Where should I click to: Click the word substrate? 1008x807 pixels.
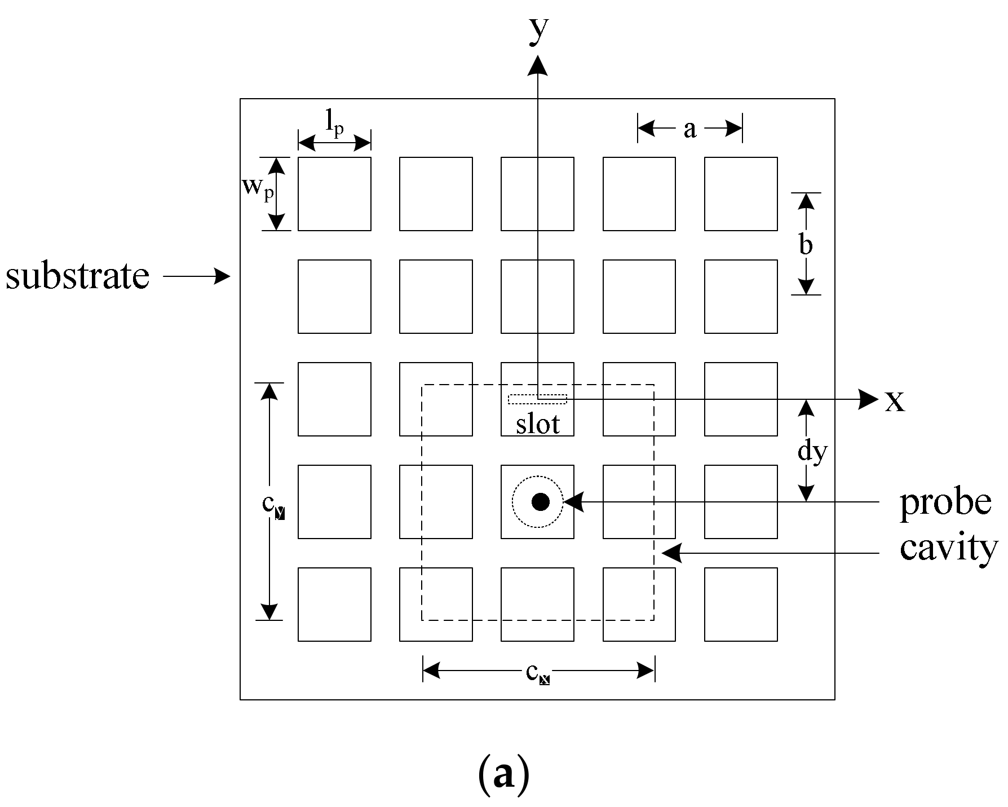click(78, 276)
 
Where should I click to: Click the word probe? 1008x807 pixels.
click(945, 502)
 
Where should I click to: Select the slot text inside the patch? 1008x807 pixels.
click(538, 424)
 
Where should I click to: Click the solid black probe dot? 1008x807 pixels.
click(540, 501)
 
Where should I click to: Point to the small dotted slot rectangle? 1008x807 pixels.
click(537, 399)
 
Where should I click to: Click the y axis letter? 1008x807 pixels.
click(538, 31)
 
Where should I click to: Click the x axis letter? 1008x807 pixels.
click(895, 402)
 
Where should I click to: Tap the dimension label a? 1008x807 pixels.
click(689, 129)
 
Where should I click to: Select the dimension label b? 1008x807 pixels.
click(806, 245)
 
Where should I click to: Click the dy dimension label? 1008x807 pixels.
click(812, 451)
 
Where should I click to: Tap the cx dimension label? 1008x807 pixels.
click(537, 673)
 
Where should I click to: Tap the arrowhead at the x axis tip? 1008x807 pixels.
click(868, 399)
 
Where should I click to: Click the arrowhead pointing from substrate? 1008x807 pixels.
click(223, 276)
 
